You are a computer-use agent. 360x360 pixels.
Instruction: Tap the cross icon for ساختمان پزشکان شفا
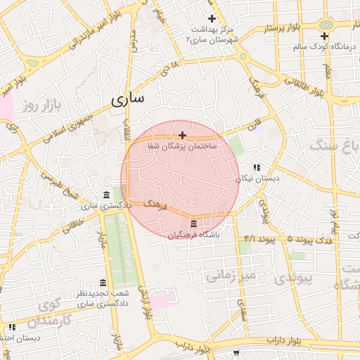click(x=183, y=135)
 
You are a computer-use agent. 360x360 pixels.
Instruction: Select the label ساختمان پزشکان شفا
click(x=182, y=146)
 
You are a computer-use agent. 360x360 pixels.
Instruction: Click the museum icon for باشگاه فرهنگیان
click(x=193, y=224)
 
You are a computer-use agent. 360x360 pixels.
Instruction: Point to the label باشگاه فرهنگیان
click(x=193, y=234)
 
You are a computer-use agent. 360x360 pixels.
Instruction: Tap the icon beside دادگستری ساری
click(x=106, y=195)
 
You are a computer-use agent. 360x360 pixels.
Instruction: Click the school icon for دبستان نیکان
click(x=257, y=167)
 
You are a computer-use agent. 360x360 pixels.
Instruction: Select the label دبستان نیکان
click(x=257, y=179)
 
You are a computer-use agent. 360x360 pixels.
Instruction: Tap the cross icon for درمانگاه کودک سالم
click(x=324, y=36)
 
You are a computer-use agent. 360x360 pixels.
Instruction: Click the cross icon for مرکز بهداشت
click(x=212, y=18)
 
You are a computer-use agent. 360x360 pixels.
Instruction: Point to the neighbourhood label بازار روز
click(x=38, y=106)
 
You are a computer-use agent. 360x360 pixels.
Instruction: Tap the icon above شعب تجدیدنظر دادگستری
click(x=103, y=283)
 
